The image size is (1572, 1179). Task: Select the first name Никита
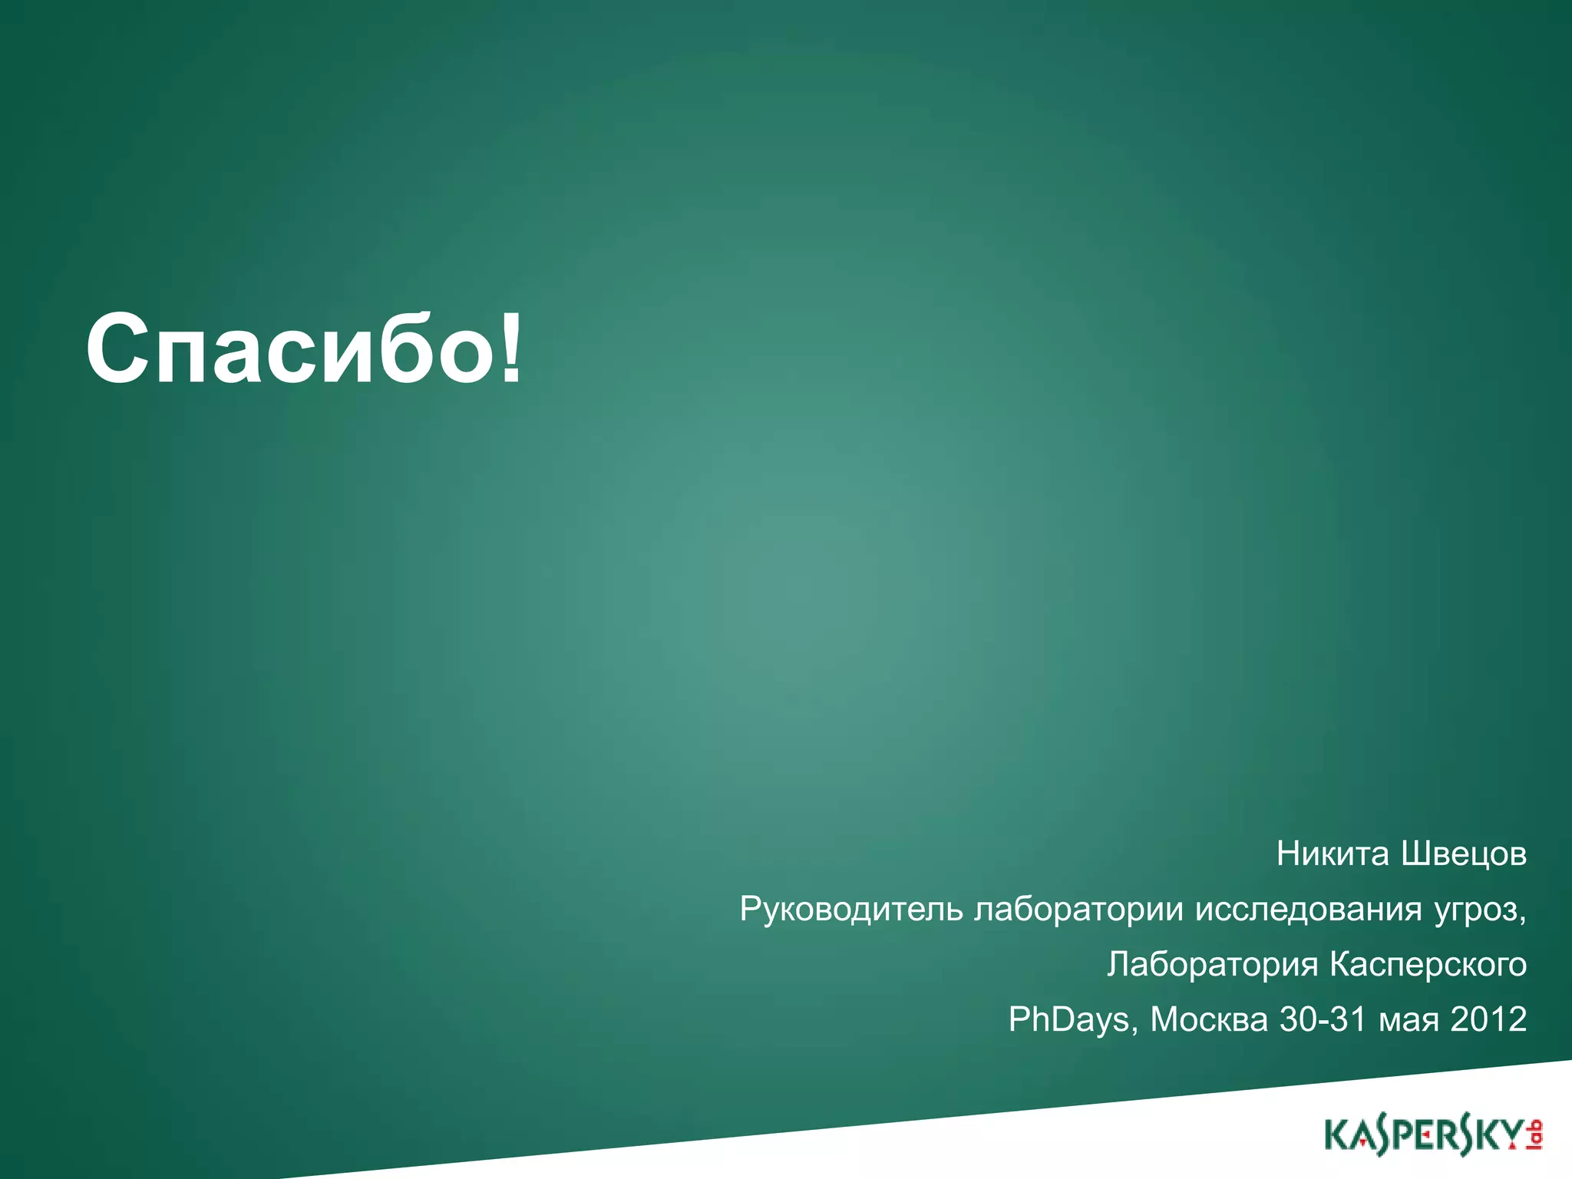click(1333, 854)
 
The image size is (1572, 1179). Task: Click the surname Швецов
click(1464, 854)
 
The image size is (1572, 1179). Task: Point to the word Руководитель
click(851, 910)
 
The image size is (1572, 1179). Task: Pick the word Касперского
click(1428, 965)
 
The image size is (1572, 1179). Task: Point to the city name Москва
click(1209, 1019)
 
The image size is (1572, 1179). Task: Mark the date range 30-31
click(1323, 1019)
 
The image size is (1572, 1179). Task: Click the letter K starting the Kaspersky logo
click(1336, 1136)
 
